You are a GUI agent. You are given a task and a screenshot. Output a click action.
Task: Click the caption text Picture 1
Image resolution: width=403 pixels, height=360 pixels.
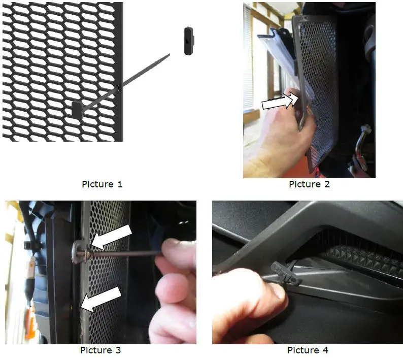[x=102, y=184]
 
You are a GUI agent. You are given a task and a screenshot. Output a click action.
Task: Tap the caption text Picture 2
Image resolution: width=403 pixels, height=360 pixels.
[x=309, y=184]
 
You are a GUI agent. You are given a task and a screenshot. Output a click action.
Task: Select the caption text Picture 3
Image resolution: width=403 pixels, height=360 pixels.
[x=100, y=350]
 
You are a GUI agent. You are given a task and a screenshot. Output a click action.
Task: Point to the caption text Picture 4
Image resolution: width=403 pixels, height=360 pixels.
[x=308, y=350]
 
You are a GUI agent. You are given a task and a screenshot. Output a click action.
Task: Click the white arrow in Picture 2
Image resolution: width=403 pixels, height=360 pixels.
[x=281, y=101]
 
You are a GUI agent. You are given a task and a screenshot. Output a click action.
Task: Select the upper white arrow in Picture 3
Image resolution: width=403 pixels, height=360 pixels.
[x=111, y=237]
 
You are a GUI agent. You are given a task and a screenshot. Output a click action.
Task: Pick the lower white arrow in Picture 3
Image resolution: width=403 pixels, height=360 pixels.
[x=101, y=300]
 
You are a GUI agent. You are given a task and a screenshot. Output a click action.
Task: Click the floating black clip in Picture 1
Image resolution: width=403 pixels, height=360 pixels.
[x=189, y=41]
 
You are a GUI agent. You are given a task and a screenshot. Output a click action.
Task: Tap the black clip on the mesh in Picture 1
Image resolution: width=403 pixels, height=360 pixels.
[x=77, y=109]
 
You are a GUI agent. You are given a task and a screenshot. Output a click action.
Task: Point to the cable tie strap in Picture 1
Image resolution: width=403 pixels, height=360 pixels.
[x=126, y=83]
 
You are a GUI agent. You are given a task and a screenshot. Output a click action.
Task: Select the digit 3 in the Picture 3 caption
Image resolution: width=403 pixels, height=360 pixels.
[x=118, y=350]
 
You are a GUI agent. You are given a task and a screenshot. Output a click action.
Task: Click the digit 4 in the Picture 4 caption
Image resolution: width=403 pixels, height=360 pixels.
[x=325, y=350]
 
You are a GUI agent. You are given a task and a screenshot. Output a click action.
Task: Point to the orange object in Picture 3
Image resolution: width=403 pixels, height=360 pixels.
[x=30, y=321]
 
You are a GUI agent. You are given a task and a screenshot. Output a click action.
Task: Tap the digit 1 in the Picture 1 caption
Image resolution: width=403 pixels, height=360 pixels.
[x=119, y=184]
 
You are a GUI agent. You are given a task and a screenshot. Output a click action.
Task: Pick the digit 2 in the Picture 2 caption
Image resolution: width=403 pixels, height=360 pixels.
[x=327, y=184]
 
